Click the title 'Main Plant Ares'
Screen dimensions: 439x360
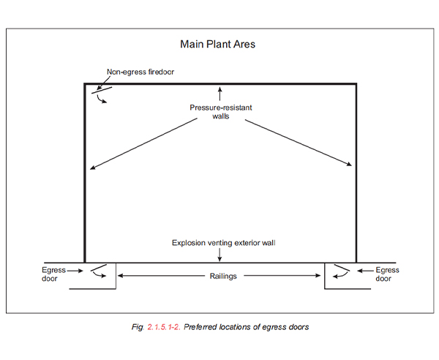click(x=217, y=44)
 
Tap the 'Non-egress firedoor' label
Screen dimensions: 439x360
click(x=140, y=72)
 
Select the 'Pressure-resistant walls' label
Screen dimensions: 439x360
click(x=221, y=112)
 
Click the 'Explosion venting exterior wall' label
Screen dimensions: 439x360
click(x=224, y=243)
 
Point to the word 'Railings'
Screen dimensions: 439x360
click(x=223, y=277)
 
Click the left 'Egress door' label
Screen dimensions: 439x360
click(x=53, y=274)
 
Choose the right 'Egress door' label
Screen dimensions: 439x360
click(x=387, y=274)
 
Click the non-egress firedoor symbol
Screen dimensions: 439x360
click(x=102, y=90)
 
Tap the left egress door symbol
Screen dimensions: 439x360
click(x=99, y=268)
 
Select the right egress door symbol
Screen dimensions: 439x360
click(x=342, y=268)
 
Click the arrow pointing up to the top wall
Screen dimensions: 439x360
click(x=219, y=94)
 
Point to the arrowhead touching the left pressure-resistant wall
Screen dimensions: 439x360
click(x=92, y=168)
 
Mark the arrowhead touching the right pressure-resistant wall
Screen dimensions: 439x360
click(x=349, y=165)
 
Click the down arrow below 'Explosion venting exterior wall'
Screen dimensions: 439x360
click(x=219, y=255)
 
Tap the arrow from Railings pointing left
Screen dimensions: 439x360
click(x=161, y=276)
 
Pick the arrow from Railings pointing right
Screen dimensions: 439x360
click(x=282, y=276)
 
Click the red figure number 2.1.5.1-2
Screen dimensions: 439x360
click(x=164, y=327)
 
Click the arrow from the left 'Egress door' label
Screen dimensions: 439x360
click(x=75, y=271)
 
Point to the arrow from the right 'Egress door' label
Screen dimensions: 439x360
click(x=365, y=271)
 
